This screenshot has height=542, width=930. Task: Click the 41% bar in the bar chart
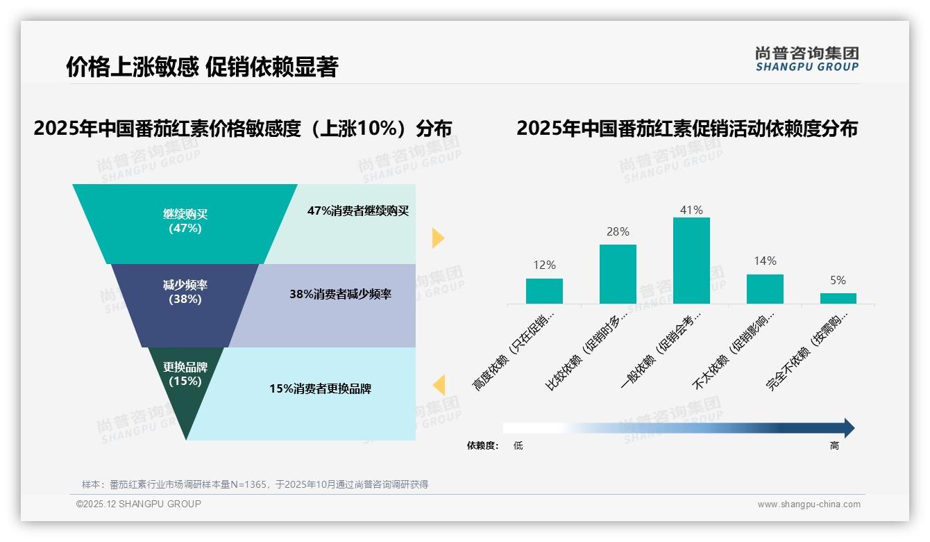point(691,261)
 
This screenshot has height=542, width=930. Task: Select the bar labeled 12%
point(544,291)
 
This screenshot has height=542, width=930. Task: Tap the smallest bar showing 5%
point(838,298)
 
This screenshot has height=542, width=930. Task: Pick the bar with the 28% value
point(618,274)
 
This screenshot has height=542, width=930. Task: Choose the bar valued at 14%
point(765,289)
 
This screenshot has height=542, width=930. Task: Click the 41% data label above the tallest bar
point(691,210)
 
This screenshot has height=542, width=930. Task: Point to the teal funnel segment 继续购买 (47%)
point(185,222)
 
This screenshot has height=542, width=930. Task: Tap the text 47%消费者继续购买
point(358,211)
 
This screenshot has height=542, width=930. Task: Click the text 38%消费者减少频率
point(340,294)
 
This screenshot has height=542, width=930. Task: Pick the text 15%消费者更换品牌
point(320,388)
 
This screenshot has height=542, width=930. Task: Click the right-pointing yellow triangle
point(437,238)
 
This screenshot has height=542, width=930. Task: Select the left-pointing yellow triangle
point(439,384)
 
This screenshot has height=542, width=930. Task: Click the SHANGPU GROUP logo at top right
point(807,58)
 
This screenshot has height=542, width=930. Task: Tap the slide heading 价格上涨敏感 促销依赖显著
point(201,67)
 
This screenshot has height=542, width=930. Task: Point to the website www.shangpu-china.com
point(809,504)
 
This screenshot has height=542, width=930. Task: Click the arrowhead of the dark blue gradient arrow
point(848,428)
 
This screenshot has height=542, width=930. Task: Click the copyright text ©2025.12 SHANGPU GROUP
point(139,504)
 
